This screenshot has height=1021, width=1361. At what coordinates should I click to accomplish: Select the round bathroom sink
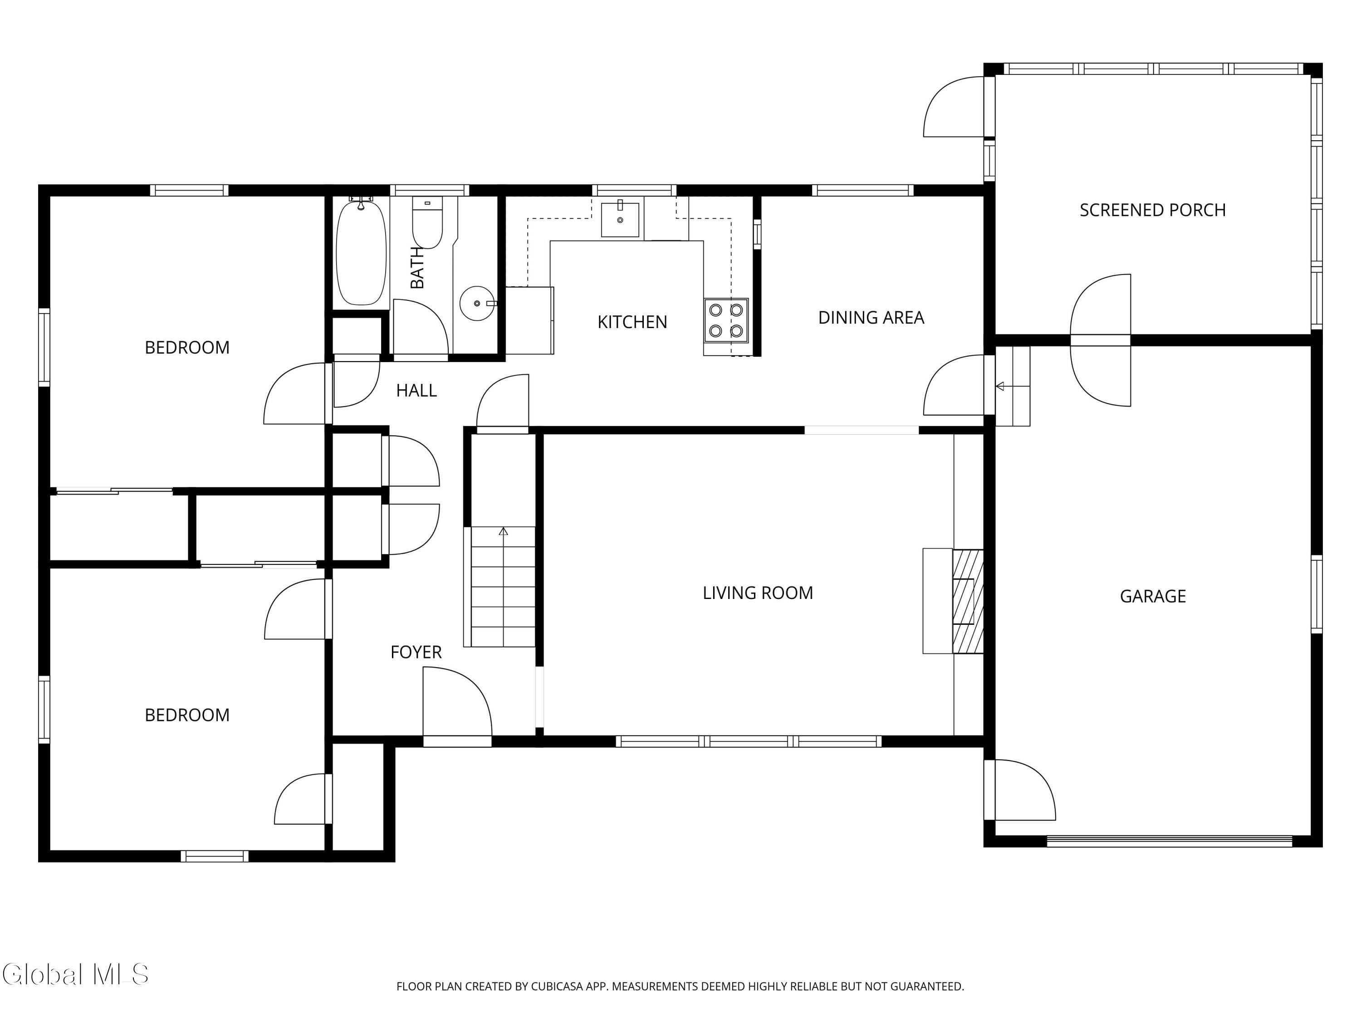point(477,304)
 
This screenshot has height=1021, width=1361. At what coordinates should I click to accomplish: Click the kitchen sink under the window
point(620,219)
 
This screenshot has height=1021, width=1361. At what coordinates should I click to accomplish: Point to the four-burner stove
point(726,320)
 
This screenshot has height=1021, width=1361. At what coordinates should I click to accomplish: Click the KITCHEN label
point(632,322)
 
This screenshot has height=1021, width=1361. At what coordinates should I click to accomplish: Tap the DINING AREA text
point(871,318)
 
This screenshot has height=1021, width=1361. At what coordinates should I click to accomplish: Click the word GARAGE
point(1152,596)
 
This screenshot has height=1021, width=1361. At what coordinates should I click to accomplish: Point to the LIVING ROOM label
point(758,593)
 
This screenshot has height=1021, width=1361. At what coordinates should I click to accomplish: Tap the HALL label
point(416,391)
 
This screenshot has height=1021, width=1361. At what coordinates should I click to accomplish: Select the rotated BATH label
point(417,268)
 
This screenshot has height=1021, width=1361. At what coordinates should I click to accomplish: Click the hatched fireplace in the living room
point(968,601)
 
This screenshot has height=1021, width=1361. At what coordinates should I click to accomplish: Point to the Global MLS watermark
point(75,974)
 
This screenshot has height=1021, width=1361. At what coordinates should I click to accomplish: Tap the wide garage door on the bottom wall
point(1169,841)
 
